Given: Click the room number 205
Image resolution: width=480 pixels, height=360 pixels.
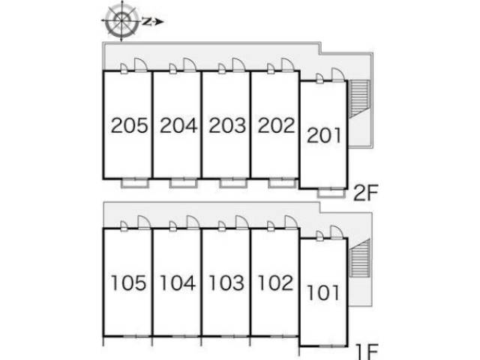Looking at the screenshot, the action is (129, 125).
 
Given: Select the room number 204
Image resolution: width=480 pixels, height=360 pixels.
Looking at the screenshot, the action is (178, 125).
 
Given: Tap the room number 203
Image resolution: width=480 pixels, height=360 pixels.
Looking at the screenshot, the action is (227, 125).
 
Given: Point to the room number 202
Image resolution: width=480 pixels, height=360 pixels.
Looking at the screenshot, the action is (277, 125).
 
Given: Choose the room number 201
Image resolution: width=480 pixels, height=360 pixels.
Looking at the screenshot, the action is (324, 136).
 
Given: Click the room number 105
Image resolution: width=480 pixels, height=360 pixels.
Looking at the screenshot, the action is (128, 283).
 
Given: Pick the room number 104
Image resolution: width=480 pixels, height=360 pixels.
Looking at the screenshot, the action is (178, 283).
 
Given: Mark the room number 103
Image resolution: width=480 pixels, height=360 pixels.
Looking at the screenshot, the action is (226, 283).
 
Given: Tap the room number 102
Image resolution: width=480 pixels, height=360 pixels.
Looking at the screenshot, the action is (275, 283).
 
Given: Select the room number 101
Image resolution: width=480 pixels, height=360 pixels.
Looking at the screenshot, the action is (323, 292).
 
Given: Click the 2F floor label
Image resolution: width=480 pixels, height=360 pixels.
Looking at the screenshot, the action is (366, 193).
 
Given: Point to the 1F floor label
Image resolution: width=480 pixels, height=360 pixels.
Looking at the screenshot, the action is (367, 352).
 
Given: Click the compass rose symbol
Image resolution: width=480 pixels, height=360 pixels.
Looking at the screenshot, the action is (121, 21).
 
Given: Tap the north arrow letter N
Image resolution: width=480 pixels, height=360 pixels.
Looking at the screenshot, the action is (148, 22).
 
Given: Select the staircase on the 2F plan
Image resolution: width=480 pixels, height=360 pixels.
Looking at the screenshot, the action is (360, 99).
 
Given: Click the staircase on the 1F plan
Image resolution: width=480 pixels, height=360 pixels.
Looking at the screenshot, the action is (360, 258).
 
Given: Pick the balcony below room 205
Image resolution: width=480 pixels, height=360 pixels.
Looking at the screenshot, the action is (135, 183).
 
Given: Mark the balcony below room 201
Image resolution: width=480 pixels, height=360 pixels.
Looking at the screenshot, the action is (331, 193).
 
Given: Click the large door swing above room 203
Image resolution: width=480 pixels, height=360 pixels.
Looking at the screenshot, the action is (238, 64).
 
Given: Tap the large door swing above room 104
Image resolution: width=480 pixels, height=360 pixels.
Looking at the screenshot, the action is (193, 222).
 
